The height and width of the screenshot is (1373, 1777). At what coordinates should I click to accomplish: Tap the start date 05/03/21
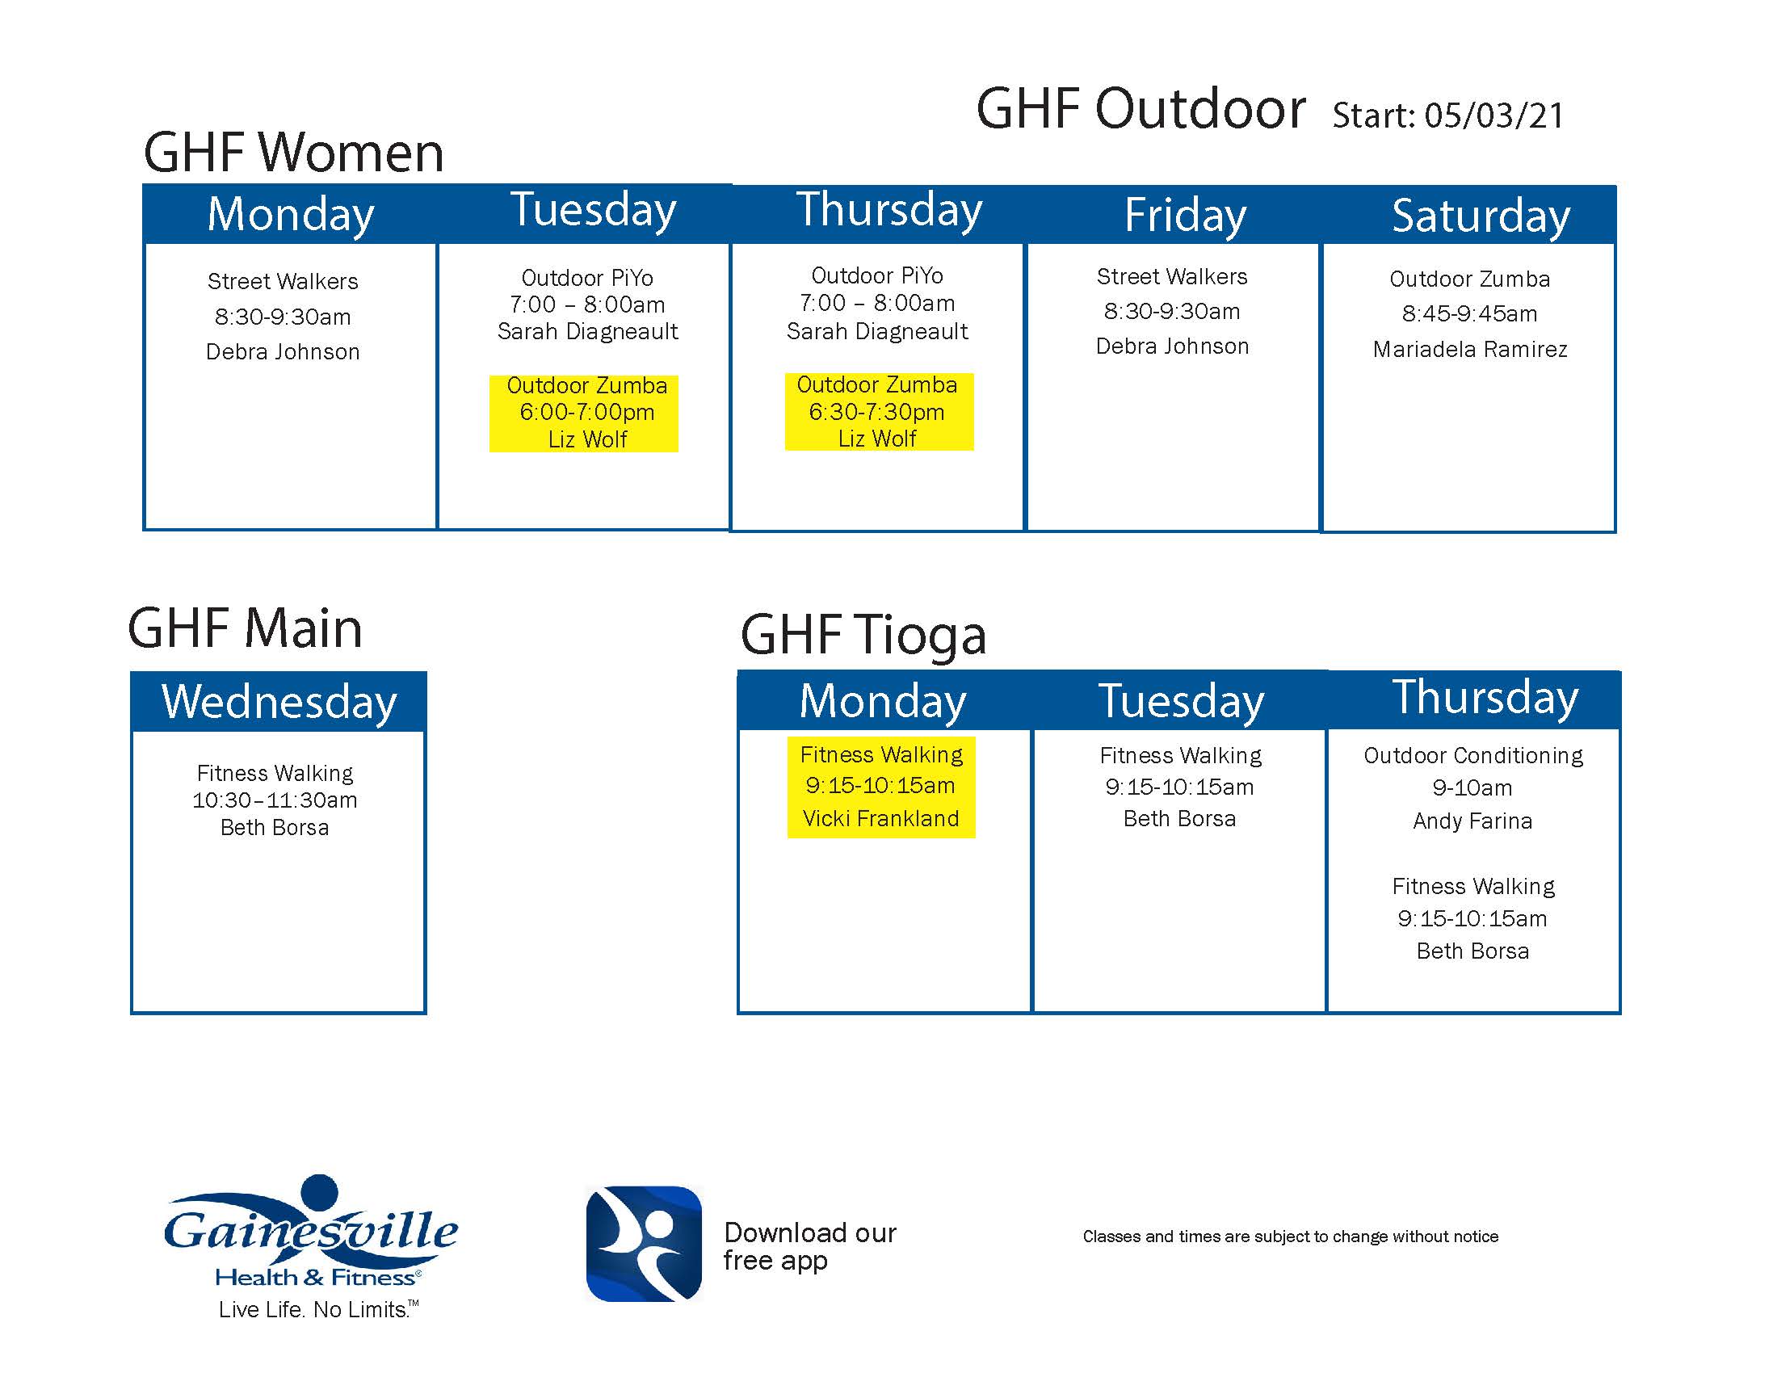[x=1493, y=115]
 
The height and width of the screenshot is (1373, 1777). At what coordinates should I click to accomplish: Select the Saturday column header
[x=1481, y=216]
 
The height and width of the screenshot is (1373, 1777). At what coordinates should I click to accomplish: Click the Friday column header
[x=1185, y=215]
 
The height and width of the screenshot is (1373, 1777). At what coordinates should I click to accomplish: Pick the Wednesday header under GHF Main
[x=279, y=701]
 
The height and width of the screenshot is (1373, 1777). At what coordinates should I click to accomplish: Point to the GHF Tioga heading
[x=863, y=635]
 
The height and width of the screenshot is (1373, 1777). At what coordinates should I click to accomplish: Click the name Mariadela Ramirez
[x=1469, y=349]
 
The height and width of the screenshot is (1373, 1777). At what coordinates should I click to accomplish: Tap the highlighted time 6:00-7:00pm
[x=586, y=412]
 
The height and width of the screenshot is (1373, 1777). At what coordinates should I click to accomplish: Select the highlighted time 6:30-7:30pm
[x=876, y=412]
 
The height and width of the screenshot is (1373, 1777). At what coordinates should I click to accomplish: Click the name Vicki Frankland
[x=881, y=818]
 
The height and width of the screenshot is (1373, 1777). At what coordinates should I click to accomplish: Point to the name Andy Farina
[x=1472, y=821]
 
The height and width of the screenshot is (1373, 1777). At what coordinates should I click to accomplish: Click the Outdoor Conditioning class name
[x=1473, y=756]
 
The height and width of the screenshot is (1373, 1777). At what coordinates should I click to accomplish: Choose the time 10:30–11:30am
[x=275, y=800]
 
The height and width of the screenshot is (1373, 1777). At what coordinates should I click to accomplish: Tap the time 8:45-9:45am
[x=1469, y=314]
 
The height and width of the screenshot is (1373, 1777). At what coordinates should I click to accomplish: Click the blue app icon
[x=644, y=1244]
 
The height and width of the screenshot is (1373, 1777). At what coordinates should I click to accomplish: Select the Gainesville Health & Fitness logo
[x=312, y=1232]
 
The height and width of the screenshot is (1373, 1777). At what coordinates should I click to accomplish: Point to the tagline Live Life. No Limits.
[x=318, y=1309]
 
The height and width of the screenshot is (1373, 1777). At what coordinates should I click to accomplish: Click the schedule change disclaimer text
[x=1291, y=1237]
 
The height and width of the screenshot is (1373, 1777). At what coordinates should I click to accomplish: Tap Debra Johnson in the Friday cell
[x=1172, y=346]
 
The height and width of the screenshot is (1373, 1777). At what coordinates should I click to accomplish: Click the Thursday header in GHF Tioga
[x=1485, y=697]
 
